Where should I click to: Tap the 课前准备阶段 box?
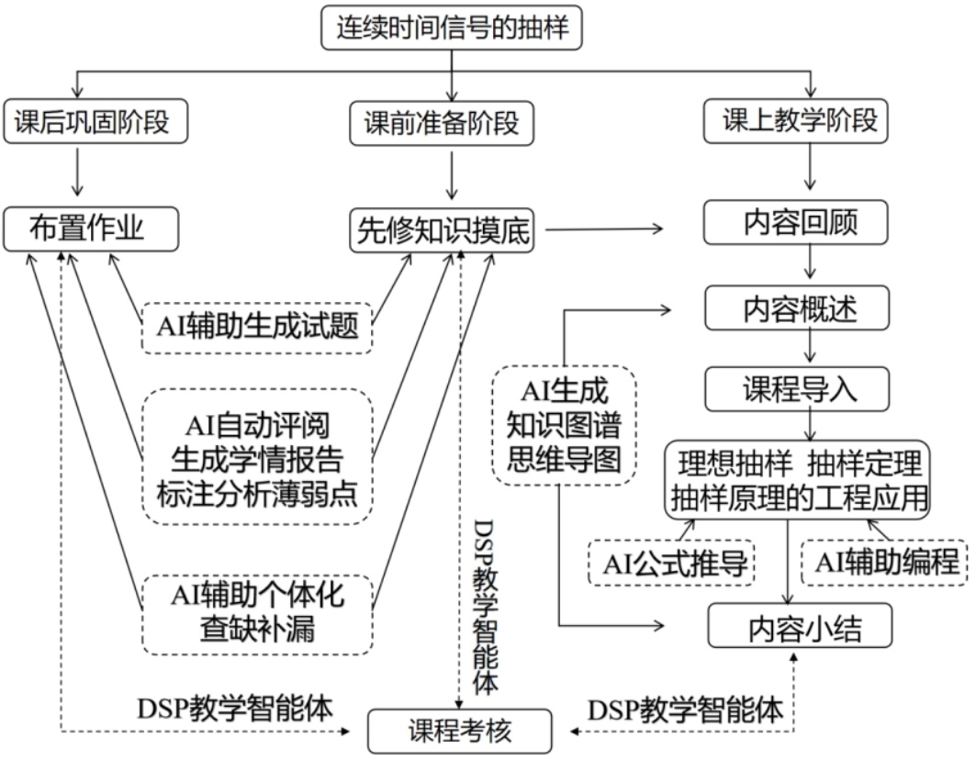tap(449, 123)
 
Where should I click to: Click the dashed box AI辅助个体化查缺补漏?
tap(257, 614)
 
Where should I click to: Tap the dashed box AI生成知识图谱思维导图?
tap(564, 423)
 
